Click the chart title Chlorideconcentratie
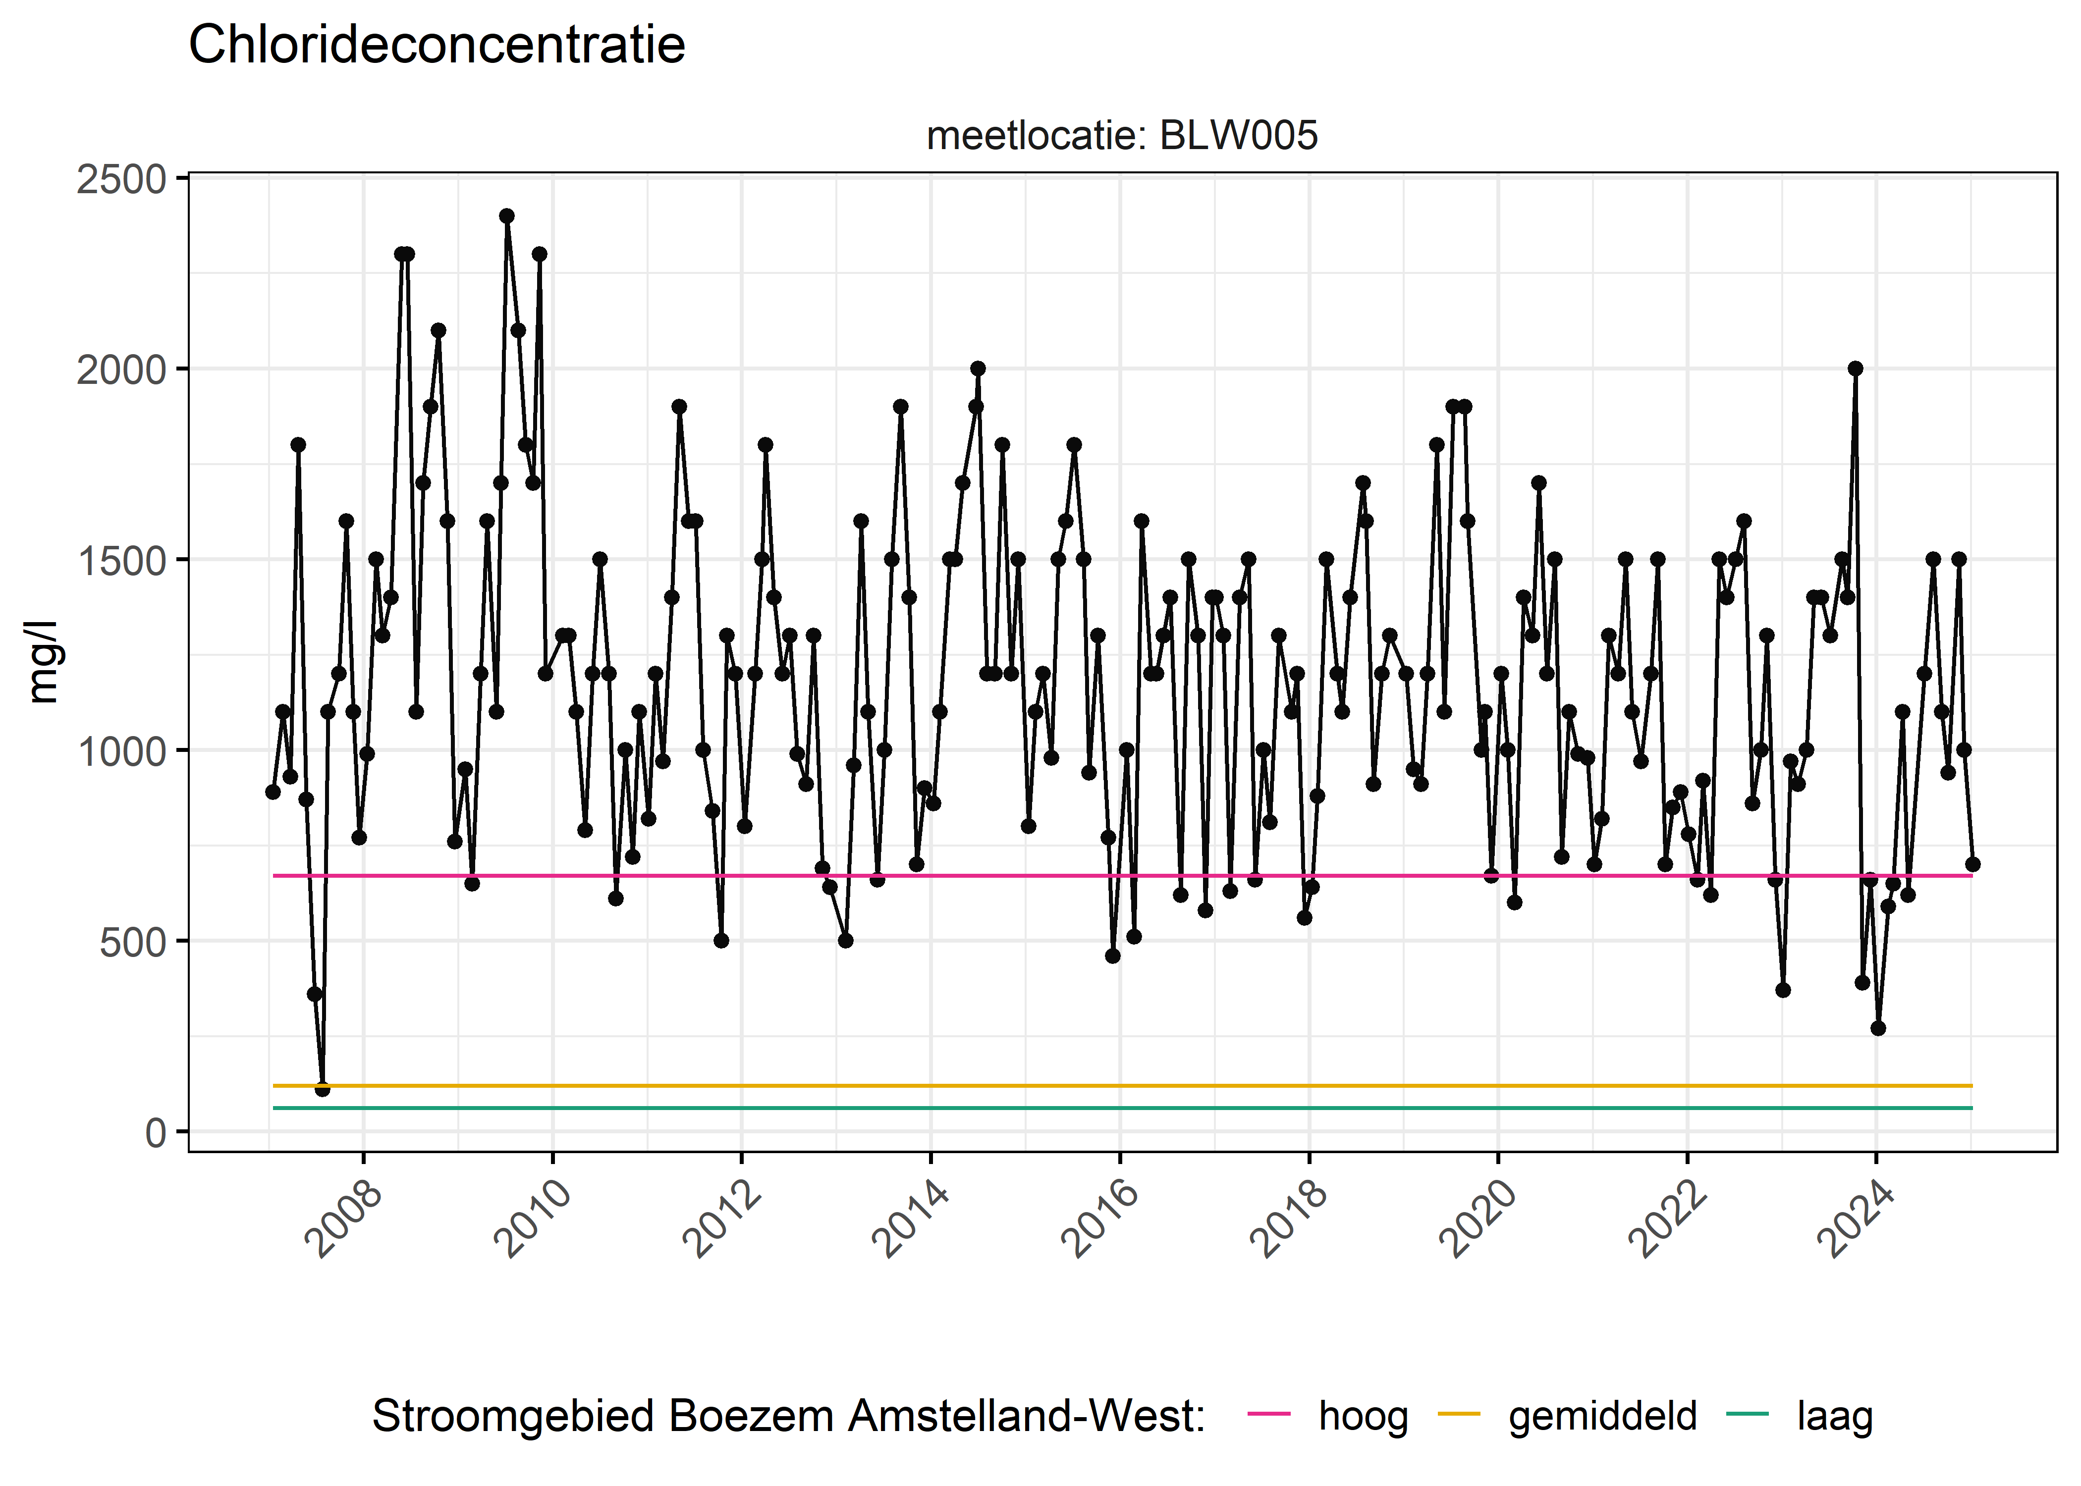coord(437,45)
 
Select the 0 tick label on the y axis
coord(156,1133)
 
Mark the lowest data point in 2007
coord(322,1089)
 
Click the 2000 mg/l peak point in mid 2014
coord(978,369)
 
